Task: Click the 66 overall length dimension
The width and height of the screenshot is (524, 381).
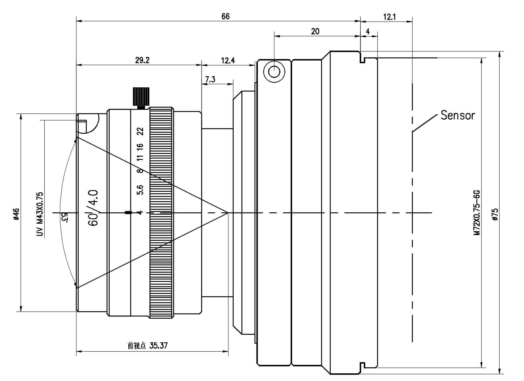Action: (225, 16)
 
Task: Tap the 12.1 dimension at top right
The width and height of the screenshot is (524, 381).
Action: (389, 17)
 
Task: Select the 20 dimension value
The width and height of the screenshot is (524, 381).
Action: (315, 32)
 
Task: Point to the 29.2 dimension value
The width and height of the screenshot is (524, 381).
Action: (142, 60)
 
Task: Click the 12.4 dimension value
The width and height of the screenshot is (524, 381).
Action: (228, 60)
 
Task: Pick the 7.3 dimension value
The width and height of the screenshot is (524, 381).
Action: (210, 79)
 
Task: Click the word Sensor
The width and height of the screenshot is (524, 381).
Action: (458, 115)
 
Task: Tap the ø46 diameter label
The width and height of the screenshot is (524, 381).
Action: (16, 214)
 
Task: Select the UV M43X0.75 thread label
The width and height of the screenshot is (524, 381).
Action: (40, 214)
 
